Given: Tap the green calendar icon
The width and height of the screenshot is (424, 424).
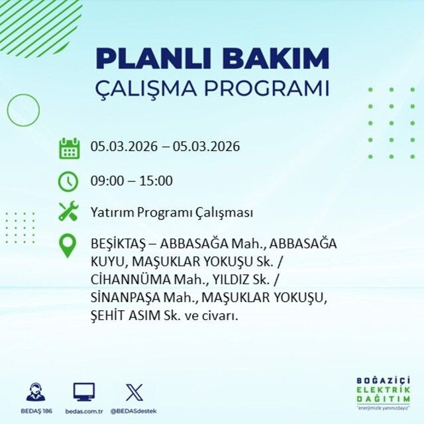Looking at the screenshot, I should pyautogui.click(x=69, y=147).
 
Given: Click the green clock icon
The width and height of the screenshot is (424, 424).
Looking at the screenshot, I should pyautogui.click(x=69, y=180).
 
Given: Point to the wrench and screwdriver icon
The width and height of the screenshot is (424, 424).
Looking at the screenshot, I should pyautogui.click(x=69, y=212).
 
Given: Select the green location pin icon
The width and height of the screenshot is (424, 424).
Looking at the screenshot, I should pyautogui.click(x=69, y=246).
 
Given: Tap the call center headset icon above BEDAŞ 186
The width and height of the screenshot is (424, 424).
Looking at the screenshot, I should pyautogui.click(x=36, y=392).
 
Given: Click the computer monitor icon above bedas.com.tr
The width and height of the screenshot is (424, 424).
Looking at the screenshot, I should pyautogui.click(x=83, y=392).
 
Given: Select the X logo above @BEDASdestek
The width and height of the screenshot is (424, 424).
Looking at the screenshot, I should pyautogui.click(x=134, y=392).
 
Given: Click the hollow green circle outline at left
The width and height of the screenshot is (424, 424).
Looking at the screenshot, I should pyautogui.click(x=23, y=111).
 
